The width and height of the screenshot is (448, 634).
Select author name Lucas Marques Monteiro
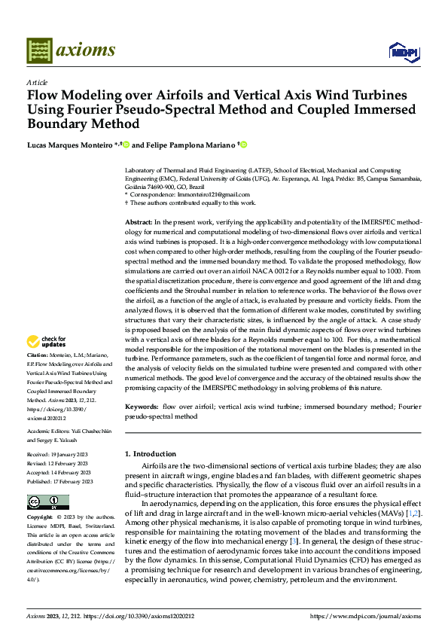pyautogui.click(x=68, y=144)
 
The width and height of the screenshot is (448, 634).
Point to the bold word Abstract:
pyautogui.click(x=138, y=224)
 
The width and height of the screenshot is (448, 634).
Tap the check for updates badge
pyautogui.click(x=47, y=342)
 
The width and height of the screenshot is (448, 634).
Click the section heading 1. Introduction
pyautogui.click(x=150, y=454)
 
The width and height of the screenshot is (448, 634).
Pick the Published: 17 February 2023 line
pyautogui.click(x=59, y=481)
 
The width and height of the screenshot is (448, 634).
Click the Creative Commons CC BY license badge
pyautogui.click(x=47, y=502)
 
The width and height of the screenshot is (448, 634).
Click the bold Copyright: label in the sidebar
pyautogui.click(x=40, y=518)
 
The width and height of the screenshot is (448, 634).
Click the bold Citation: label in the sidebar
pyautogui.click(x=38, y=354)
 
